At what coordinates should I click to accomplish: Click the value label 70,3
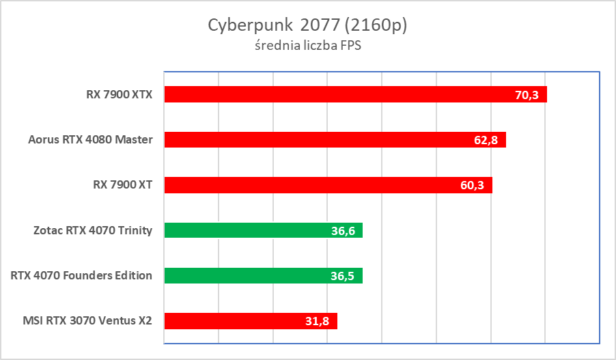(x=527, y=95)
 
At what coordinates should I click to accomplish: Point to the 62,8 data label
(x=486, y=140)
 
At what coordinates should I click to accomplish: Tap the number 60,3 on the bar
(x=472, y=186)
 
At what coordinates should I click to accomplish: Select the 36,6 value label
(x=343, y=231)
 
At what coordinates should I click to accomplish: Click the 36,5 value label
(x=343, y=277)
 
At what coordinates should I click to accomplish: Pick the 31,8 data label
(x=318, y=322)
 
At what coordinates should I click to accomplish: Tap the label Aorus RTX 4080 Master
(x=90, y=140)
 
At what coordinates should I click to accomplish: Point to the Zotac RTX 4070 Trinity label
(x=92, y=231)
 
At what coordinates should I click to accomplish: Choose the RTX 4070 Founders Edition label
(x=81, y=276)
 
